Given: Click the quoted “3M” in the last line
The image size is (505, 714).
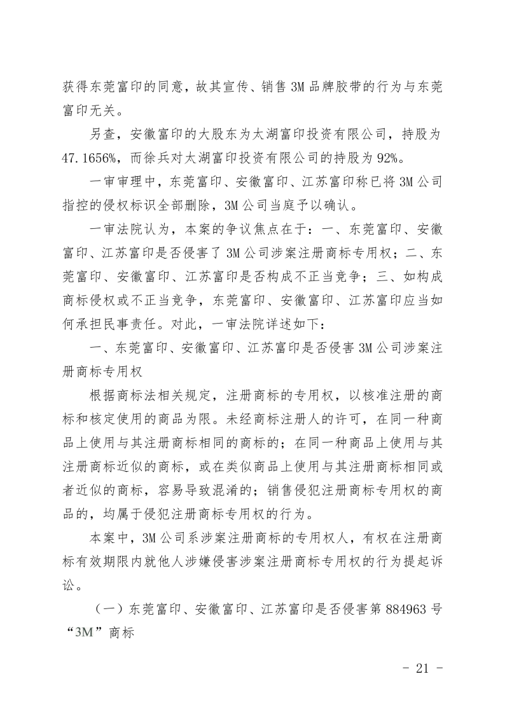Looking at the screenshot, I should pos(84,633).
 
